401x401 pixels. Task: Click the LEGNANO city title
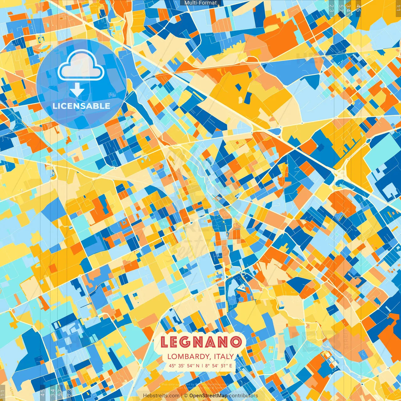click(x=201, y=342)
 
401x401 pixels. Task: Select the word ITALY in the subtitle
click(x=224, y=357)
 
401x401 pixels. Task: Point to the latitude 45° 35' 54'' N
click(x=184, y=366)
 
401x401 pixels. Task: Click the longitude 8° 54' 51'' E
click(x=219, y=366)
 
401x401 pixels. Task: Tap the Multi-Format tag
click(x=200, y=3)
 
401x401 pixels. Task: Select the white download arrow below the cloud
click(x=77, y=90)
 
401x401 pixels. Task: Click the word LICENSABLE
click(x=81, y=106)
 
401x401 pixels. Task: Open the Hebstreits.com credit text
click(x=161, y=396)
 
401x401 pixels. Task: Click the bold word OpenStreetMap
click(x=208, y=396)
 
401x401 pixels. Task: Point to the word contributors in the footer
click(x=243, y=396)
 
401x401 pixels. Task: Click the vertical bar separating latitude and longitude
click(x=202, y=366)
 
